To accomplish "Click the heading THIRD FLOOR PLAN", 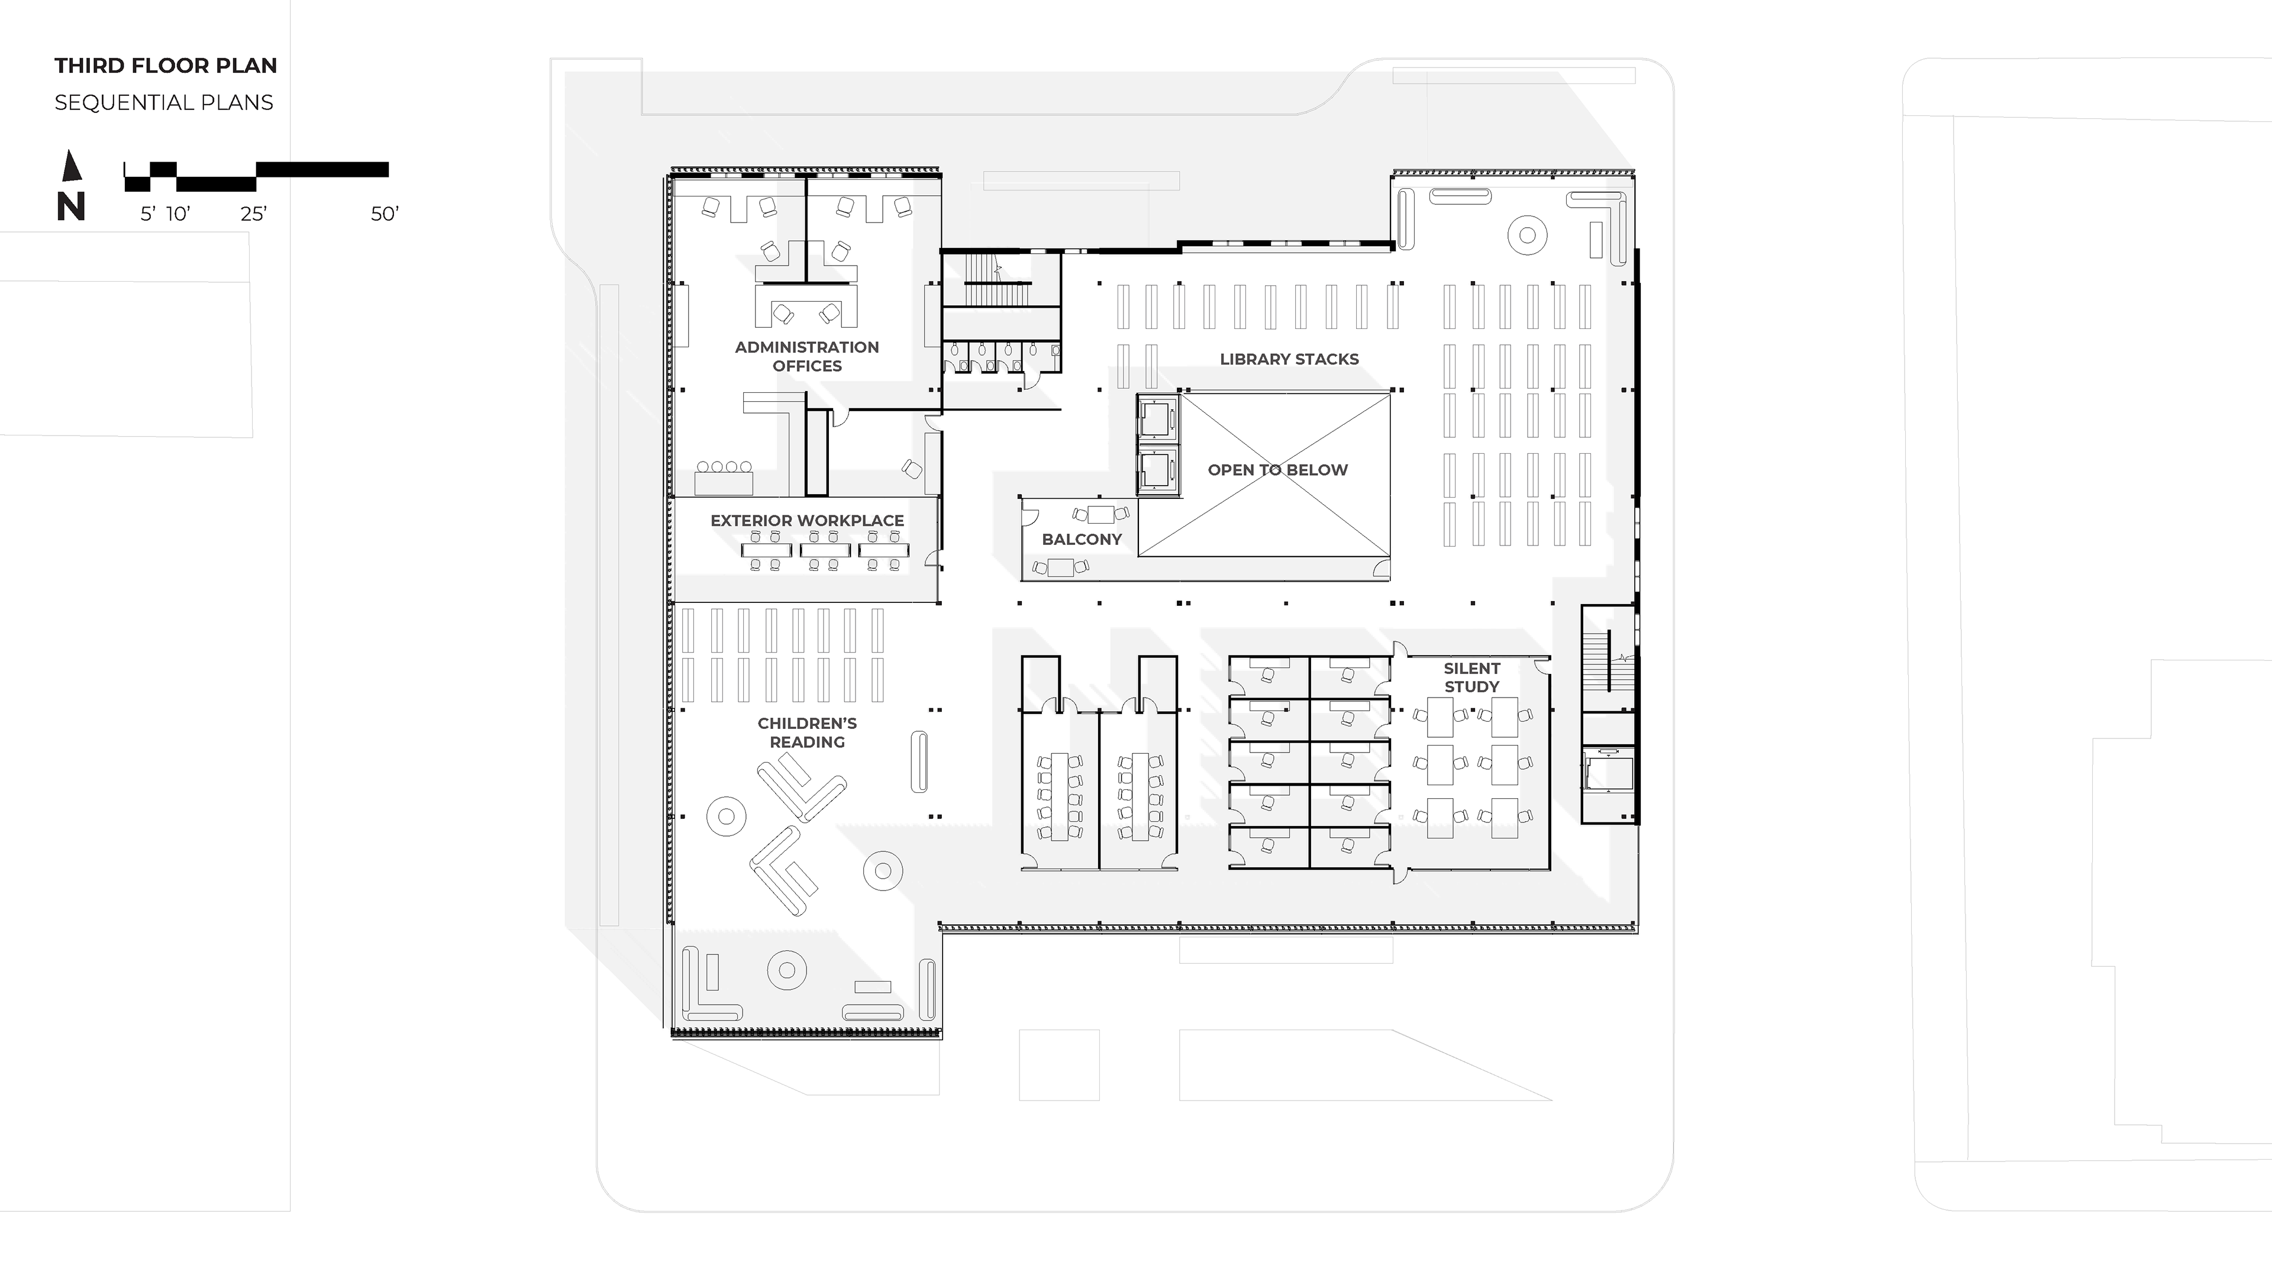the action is (x=166, y=65).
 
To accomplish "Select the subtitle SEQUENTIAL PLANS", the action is (x=164, y=102).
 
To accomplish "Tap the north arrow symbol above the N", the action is (x=72, y=166).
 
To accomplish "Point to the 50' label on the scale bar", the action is (x=385, y=214).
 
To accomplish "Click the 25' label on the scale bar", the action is (x=254, y=214).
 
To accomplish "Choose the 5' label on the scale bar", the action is (x=148, y=214).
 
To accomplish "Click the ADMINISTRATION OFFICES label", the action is (x=807, y=356).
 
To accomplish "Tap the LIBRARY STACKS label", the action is (x=1289, y=359).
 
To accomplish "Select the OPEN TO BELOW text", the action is (x=1278, y=470).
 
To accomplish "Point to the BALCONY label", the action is (x=1082, y=539).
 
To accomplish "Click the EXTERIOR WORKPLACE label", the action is (x=807, y=521).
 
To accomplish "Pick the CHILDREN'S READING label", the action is (x=807, y=732).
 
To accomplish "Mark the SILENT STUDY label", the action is (x=1472, y=677).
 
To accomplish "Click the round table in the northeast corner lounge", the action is (x=1528, y=235).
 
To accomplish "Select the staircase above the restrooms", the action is (x=999, y=280).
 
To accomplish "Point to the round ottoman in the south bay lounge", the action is (x=787, y=971).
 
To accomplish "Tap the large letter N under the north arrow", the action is (x=70, y=206).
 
